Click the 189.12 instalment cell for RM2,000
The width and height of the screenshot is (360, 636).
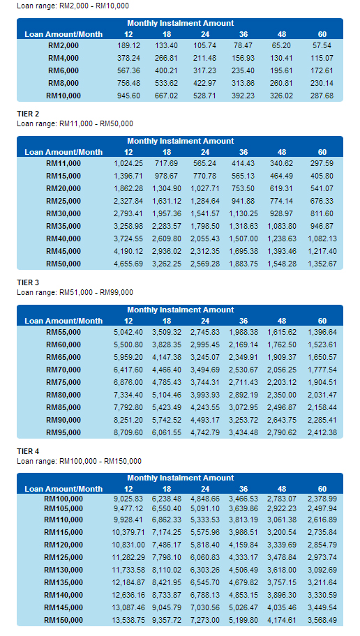click(128, 45)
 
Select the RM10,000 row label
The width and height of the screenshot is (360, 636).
click(63, 96)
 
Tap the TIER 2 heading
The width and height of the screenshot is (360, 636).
click(28, 114)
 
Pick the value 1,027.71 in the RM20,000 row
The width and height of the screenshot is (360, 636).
click(205, 188)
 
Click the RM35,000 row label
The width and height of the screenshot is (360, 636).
click(63, 227)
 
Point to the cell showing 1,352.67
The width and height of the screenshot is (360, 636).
click(322, 264)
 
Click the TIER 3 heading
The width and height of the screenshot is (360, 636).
click(28, 282)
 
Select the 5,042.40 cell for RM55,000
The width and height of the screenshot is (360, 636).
click(128, 332)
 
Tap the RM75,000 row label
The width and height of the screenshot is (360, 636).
click(63, 382)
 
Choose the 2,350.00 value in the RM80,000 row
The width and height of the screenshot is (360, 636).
click(282, 395)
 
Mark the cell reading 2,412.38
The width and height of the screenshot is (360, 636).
click(322, 433)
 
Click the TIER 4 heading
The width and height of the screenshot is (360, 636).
click(28, 451)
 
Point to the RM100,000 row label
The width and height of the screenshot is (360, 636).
click(63, 499)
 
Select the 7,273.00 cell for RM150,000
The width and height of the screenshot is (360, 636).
click(205, 621)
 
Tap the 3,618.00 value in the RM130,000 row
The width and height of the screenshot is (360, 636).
click(282, 570)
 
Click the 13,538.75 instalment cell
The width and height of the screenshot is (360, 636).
click(128, 621)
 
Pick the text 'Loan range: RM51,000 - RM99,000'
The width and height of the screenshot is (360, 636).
click(75, 292)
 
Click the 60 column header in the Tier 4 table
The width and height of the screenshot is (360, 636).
click(322, 489)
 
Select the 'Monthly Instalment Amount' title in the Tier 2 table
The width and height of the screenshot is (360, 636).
click(181, 141)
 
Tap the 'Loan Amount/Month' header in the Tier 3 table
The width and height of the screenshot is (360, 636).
click(63, 321)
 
